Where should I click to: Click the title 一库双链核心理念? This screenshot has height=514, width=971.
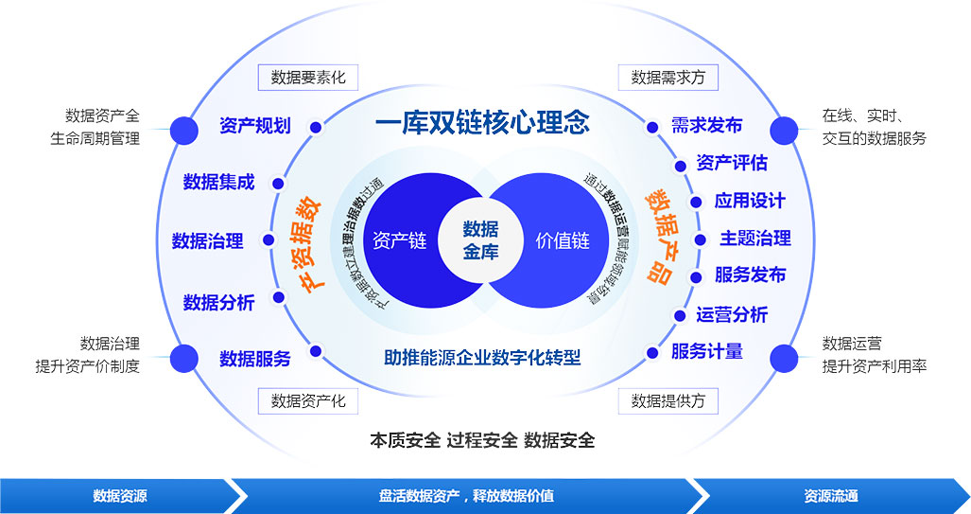click(x=482, y=123)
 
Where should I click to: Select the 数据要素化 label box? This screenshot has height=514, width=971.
click(x=308, y=78)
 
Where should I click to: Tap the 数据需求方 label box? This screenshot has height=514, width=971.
click(x=668, y=78)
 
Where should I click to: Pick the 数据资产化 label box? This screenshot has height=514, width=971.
click(x=308, y=400)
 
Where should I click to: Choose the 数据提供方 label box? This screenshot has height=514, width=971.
click(x=668, y=400)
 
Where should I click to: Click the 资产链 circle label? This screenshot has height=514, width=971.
click(x=400, y=240)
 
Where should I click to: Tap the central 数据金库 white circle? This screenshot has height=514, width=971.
click(x=480, y=240)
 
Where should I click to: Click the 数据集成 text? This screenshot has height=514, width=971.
click(x=218, y=182)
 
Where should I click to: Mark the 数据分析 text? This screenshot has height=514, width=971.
click(x=218, y=303)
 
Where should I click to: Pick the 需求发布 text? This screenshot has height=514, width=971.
click(x=706, y=126)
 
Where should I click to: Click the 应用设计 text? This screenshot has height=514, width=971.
click(x=750, y=201)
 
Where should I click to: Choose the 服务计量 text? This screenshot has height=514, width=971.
click(x=706, y=351)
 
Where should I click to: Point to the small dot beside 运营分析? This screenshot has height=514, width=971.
click(x=679, y=315)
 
